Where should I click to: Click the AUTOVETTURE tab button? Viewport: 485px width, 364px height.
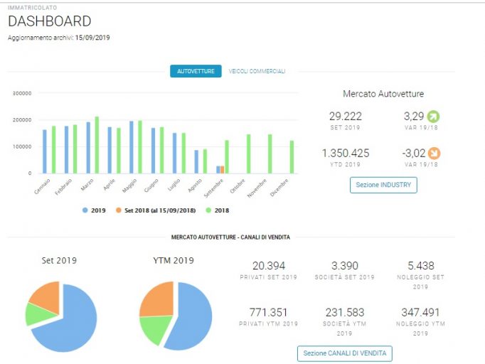[196, 71]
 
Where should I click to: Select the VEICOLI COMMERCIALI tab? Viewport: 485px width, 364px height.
[257, 71]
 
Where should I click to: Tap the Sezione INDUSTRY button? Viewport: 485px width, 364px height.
[383, 185]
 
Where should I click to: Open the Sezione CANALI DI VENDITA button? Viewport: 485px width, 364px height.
[345, 353]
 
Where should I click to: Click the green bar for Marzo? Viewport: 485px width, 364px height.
[97, 145]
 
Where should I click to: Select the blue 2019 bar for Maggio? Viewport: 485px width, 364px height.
[132, 147]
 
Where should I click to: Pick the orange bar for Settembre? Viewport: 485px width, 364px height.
[222, 169]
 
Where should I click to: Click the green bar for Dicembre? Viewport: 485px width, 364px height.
[292, 157]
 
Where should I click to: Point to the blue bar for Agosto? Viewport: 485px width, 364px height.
[196, 162]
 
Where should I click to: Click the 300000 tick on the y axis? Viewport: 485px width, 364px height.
[22, 93]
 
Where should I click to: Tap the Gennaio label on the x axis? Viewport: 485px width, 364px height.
[42, 186]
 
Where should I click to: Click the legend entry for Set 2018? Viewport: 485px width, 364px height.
[156, 210]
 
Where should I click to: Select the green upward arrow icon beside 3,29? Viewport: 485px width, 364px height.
[433, 117]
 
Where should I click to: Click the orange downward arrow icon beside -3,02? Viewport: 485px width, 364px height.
[435, 154]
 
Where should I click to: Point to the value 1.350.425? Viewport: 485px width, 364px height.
[346, 153]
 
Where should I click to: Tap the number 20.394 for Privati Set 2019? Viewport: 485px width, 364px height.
[269, 266]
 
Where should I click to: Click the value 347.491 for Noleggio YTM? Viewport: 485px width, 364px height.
[420, 312]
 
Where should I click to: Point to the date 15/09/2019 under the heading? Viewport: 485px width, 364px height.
[92, 38]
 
